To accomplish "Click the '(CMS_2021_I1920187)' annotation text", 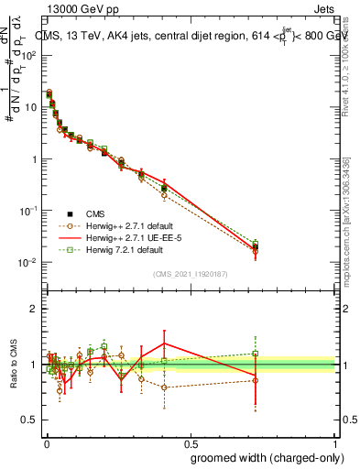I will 191,274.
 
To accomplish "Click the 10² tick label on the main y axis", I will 29,55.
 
